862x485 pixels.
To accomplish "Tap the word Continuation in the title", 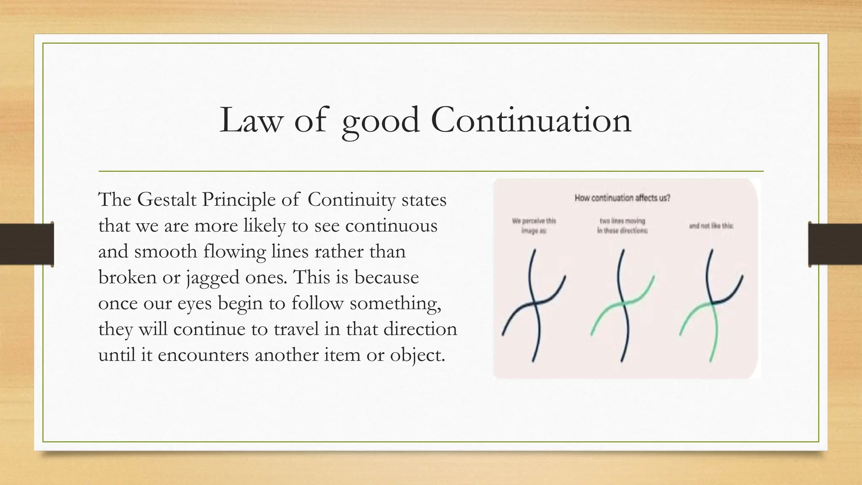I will [531, 120].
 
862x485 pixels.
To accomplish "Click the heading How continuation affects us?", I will [623, 198].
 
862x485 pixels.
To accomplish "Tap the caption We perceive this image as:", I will [534, 226].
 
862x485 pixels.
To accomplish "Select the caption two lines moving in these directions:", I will [622, 226].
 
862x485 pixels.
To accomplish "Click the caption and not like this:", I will [711, 226].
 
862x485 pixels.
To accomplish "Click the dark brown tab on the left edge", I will [27, 244].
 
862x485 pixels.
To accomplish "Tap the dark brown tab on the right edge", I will [835, 244].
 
